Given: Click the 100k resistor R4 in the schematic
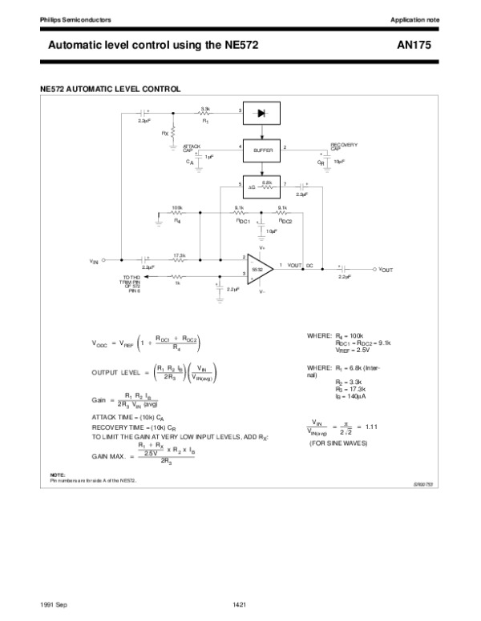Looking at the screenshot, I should click(177, 214).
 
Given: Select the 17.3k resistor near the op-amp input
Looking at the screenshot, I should click(180, 259).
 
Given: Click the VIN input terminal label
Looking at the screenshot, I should click(94, 261).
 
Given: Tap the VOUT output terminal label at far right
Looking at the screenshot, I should click(386, 270).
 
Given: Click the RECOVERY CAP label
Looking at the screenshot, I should click(344, 146).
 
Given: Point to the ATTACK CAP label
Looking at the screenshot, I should click(192, 148).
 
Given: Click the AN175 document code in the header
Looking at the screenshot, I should click(414, 46).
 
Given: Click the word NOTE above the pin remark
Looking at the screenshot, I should click(57, 475).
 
